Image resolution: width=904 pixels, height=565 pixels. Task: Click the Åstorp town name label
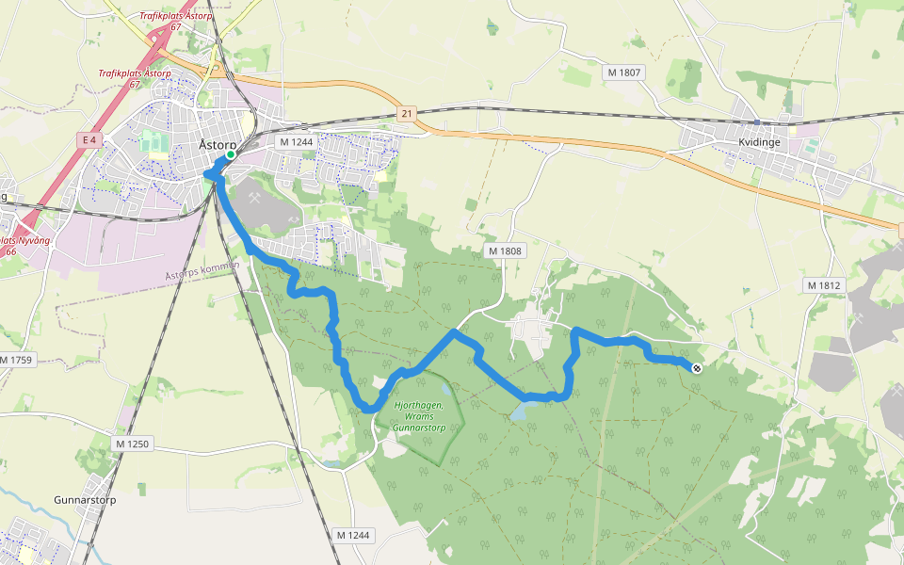coord(218,144)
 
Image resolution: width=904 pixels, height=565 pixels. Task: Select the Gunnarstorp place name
coord(85,500)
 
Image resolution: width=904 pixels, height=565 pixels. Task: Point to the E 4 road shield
coord(89,140)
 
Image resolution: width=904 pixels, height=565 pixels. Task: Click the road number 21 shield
coord(406,112)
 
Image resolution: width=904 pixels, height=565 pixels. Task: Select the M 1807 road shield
coord(623,73)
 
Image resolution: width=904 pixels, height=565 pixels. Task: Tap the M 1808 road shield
coord(505,251)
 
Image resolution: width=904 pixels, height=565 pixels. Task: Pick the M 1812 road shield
coord(823,284)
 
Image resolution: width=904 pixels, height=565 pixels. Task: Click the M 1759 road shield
coord(16,360)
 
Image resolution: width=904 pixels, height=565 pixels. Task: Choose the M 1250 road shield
coord(132,443)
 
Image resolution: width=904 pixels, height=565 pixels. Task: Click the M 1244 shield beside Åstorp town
coord(297,141)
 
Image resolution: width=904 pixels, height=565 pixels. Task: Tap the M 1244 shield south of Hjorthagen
coord(354,535)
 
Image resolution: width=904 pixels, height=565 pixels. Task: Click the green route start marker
coord(231,154)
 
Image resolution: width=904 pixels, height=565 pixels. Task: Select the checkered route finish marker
coord(696,368)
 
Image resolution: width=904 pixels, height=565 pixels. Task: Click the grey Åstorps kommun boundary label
coord(203,272)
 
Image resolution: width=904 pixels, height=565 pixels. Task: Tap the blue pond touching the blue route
coord(521,411)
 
